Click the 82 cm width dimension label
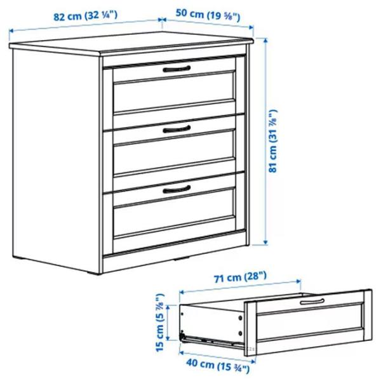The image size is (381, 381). click(85, 16)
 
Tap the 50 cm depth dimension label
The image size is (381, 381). click(208, 15)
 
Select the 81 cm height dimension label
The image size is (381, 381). click(273, 141)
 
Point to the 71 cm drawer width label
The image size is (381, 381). click(240, 277)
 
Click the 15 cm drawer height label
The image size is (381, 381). click(160, 323)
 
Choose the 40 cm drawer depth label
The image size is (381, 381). click(218, 365)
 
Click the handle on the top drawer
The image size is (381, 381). click(177, 69)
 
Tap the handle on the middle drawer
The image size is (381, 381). click(177, 129)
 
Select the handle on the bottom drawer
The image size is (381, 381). click(177, 189)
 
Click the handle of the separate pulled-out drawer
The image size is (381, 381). click(312, 301)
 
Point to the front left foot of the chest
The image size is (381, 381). click(93, 272)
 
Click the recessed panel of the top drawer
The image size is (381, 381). click(174, 91)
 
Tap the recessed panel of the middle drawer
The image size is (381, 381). click(174, 151)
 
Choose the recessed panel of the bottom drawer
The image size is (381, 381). click(174, 211)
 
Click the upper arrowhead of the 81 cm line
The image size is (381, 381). click(265, 41)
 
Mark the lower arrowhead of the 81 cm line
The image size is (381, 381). click(265, 242)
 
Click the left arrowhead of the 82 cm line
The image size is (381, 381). click(11, 31)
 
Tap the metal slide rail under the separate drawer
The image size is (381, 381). click(212, 340)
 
